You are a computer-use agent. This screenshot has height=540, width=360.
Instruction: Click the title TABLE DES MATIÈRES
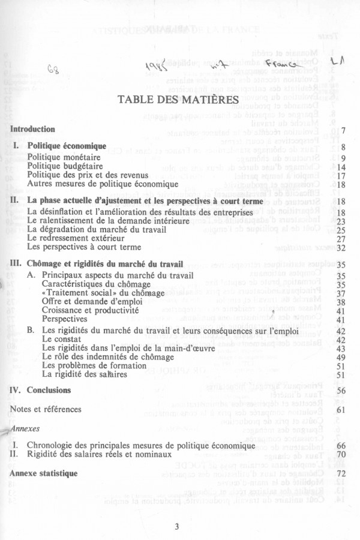pyautogui.click(x=180, y=98)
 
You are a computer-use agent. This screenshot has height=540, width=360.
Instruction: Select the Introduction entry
pyautogui.click(x=33, y=129)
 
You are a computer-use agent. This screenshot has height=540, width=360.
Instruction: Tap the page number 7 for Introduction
pyautogui.click(x=342, y=130)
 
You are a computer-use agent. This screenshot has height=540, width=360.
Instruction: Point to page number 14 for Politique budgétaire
pyautogui.click(x=340, y=167)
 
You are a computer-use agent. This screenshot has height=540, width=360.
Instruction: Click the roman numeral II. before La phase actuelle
pyautogui.click(x=16, y=200)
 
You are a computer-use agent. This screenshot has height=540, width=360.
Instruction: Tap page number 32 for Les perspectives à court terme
pyautogui.click(x=340, y=247)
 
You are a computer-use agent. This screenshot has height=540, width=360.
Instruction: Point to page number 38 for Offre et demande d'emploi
pyautogui.click(x=340, y=302)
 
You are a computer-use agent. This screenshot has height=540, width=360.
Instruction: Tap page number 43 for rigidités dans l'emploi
pyautogui.click(x=340, y=349)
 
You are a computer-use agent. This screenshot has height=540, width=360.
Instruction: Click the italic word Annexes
pyautogui.click(x=25, y=430)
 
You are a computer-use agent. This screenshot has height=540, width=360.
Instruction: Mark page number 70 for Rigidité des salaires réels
pyautogui.click(x=340, y=455)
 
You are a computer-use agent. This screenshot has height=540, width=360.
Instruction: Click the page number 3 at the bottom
pyautogui.click(x=178, y=527)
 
